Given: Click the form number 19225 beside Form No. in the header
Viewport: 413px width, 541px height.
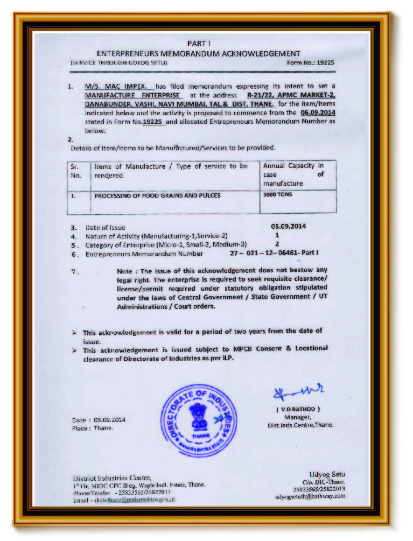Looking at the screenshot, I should [x=325, y=62].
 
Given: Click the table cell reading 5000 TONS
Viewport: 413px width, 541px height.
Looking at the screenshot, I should [x=278, y=194].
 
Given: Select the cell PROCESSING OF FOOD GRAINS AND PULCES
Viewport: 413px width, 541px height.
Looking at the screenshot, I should [x=157, y=195].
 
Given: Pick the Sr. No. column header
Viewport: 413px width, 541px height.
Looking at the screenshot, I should [x=76, y=171].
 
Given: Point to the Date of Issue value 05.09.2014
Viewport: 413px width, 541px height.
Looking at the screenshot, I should [x=289, y=226].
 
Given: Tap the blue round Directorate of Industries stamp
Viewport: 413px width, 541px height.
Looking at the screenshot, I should [x=199, y=421].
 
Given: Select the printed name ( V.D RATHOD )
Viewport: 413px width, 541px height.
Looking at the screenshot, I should [x=298, y=409].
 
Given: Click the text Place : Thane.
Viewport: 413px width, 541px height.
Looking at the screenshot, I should [x=93, y=428].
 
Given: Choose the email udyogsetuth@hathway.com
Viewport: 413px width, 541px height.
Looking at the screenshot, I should [x=310, y=497].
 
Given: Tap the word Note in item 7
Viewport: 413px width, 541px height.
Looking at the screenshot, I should [x=126, y=271].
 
